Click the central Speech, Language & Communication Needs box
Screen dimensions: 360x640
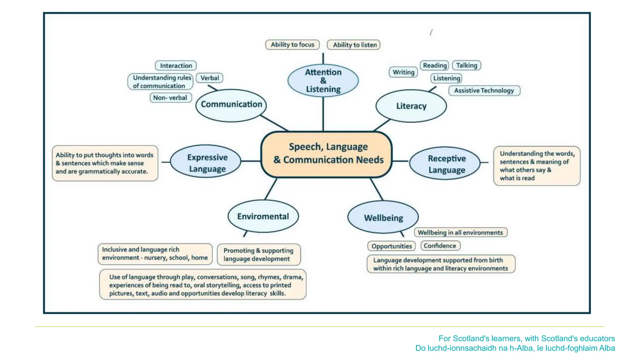coord(327,154)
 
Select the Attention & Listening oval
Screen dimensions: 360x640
coord(323,81)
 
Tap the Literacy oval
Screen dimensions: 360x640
coord(411,106)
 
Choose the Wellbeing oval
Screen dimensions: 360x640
coord(383,217)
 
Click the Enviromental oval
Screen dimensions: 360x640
coord(263,216)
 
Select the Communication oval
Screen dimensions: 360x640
coord(231,105)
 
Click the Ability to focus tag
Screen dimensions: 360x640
coord(292,45)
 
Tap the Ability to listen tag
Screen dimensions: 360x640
coord(354,45)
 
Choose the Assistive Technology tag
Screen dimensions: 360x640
coord(484,91)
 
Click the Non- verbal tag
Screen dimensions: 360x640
coord(171,98)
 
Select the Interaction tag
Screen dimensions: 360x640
coord(176,66)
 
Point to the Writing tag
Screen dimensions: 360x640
coord(403,72)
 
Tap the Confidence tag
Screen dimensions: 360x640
coord(440,246)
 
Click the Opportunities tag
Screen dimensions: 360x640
coord(392,246)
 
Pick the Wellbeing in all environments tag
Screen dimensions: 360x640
coord(460,232)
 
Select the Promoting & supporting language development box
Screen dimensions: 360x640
coord(258,255)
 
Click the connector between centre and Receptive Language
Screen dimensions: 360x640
coord(400,161)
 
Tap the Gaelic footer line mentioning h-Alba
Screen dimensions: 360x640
coord(515,348)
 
